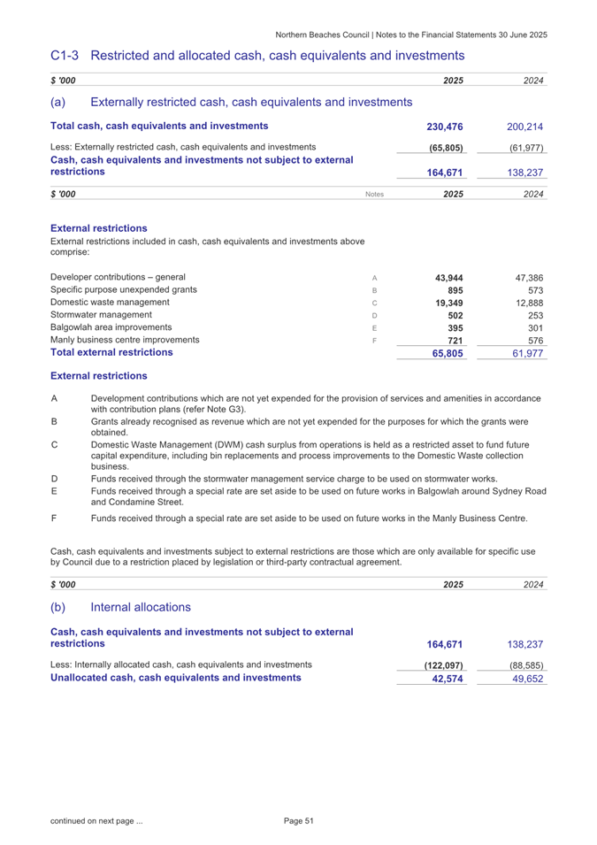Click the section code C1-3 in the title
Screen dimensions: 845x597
[66, 55]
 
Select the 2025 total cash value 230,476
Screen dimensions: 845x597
[445, 126]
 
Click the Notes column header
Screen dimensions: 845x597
[375, 194]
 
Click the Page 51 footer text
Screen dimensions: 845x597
[299, 821]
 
